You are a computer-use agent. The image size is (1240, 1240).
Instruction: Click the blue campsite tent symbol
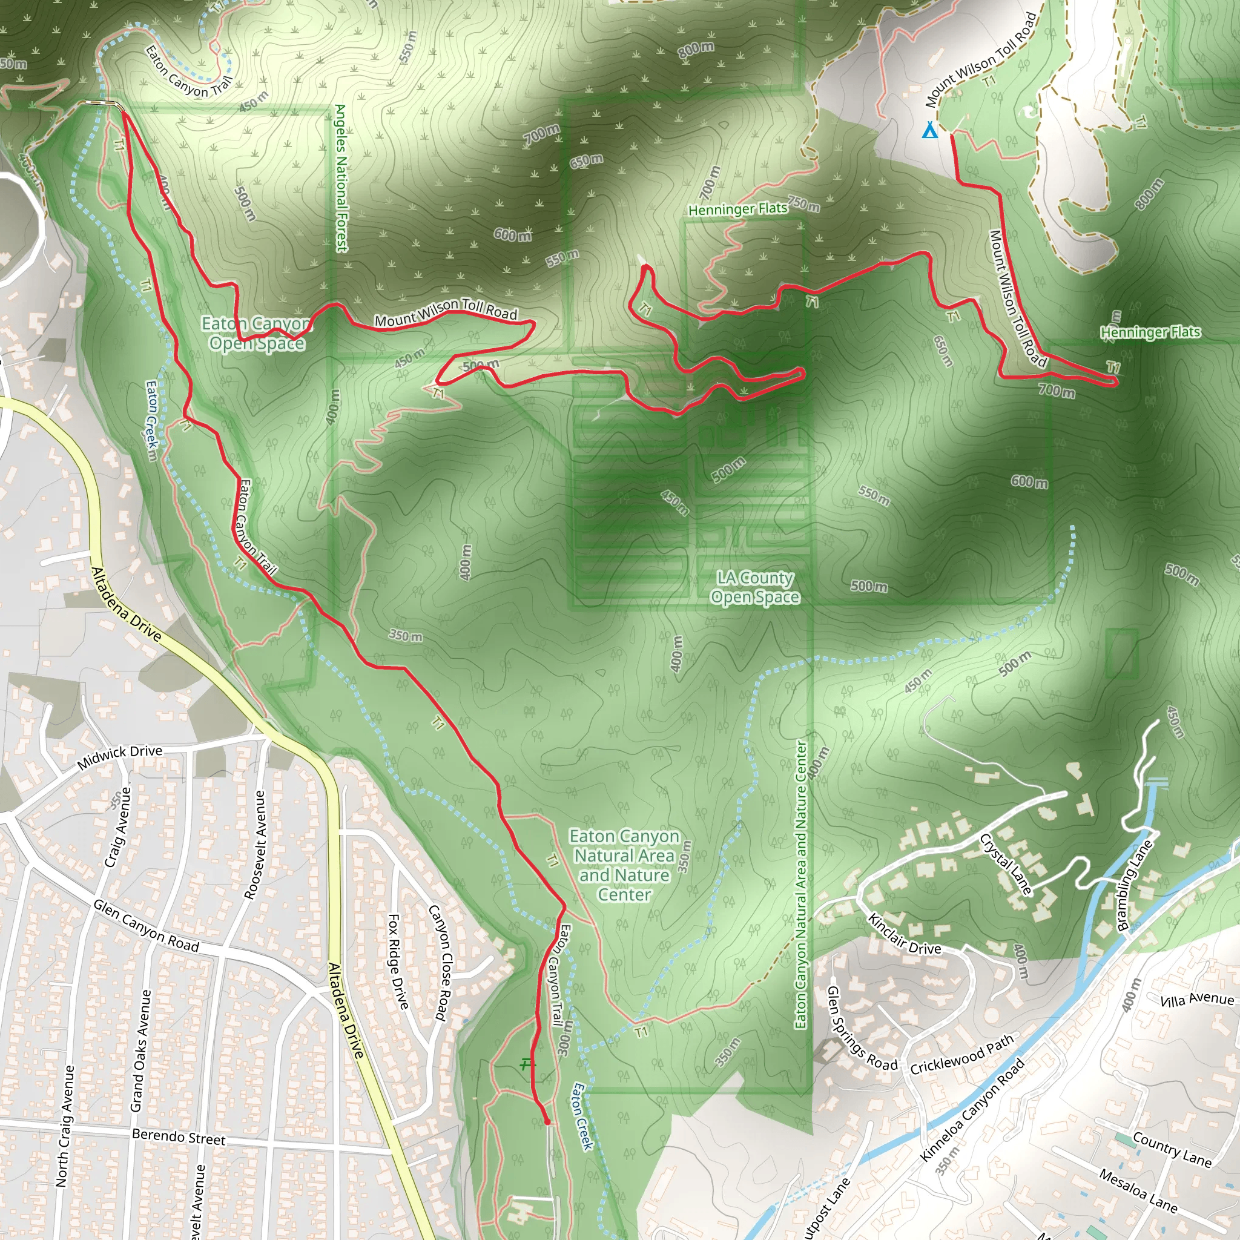tap(929, 131)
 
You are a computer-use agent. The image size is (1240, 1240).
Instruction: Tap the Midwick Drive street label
tap(119, 757)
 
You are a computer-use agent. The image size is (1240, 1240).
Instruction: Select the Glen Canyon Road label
tap(147, 926)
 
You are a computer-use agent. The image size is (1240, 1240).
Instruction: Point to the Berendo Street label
tap(179, 1136)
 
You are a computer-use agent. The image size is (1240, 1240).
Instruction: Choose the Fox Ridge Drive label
tap(398, 961)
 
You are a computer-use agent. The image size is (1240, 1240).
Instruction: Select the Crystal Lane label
tap(1006, 864)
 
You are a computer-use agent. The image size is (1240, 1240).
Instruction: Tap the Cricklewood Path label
tap(962, 1055)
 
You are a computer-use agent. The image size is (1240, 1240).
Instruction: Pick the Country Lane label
tap(1172, 1149)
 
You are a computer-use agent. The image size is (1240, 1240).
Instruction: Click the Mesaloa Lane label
tap(1138, 1191)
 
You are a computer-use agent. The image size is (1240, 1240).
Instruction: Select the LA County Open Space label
tap(756, 587)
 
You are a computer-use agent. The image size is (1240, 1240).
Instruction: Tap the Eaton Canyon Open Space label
tap(256, 333)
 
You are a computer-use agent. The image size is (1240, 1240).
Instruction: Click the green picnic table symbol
tap(527, 1064)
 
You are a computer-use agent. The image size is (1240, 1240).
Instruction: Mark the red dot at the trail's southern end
tap(547, 1122)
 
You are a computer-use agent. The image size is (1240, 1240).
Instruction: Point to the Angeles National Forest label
tap(341, 178)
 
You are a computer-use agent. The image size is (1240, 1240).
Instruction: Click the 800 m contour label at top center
tap(696, 50)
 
